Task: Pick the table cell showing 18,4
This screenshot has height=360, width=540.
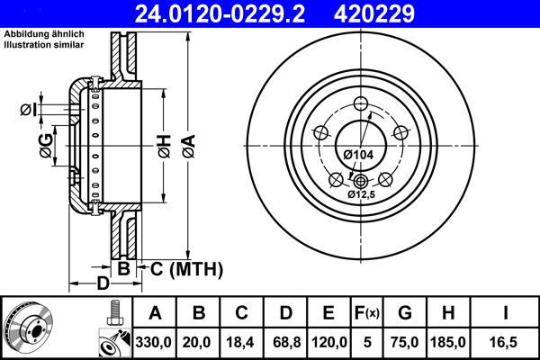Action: tap(242, 342)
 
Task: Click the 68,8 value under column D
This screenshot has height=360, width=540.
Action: tap(285, 342)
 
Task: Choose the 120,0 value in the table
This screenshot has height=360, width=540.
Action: tap(328, 342)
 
